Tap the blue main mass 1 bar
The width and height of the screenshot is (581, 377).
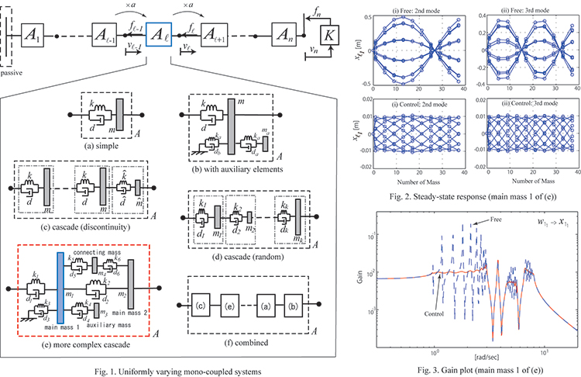point(59,296)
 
